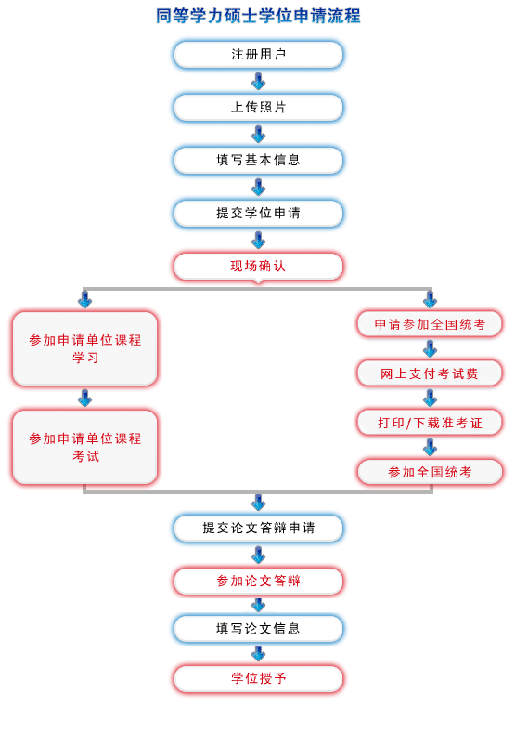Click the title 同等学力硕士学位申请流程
click(x=258, y=16)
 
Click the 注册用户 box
click(x=258, y=55)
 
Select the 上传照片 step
click(x=258, y=108)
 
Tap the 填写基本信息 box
click(x=258, y=161)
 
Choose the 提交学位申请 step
click(x=258, y=214)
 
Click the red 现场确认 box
click(x=258, y=267)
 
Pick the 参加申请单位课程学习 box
click(x=84, y=348)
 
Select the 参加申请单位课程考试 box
click(x=84, y=447)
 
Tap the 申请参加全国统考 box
click(x=430, y=324)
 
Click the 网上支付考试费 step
click(x=430, y=373)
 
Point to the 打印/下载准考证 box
click(x=430, y=423)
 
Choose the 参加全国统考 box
click(x=430, y=472)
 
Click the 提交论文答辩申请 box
click(x=258, y=529)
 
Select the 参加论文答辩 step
click(x=258, y=582)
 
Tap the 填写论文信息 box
click(x=258, y=629)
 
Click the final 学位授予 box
click(x=258, y=679)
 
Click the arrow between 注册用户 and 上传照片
click(x=258, y=82)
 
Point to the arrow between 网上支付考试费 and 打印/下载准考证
click(x=430, y=399)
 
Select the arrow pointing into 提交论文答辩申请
click(x=258, y=503)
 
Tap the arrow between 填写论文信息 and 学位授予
click(x=258, y=654)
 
